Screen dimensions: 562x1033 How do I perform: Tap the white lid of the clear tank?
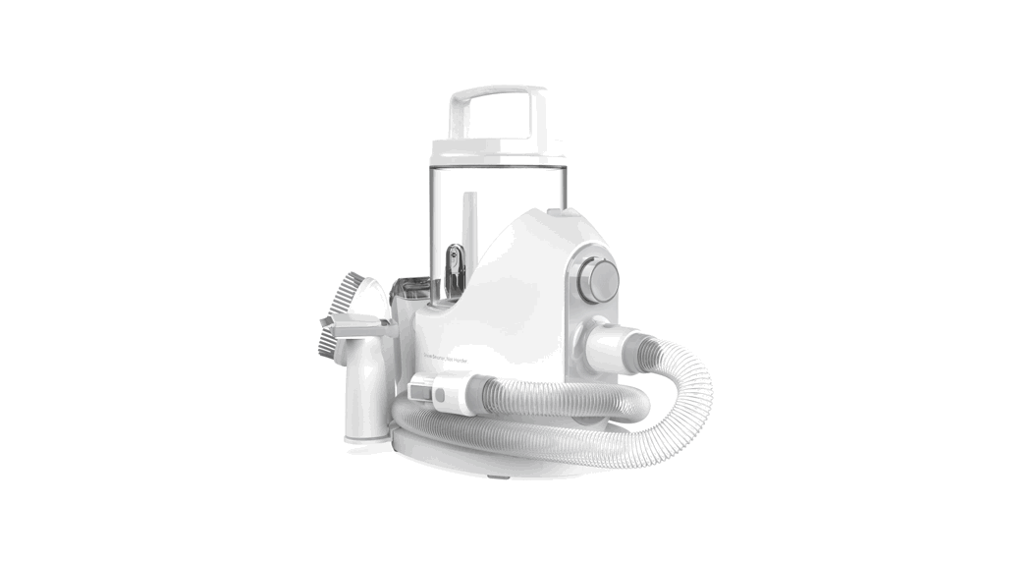[x=498, y=148]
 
